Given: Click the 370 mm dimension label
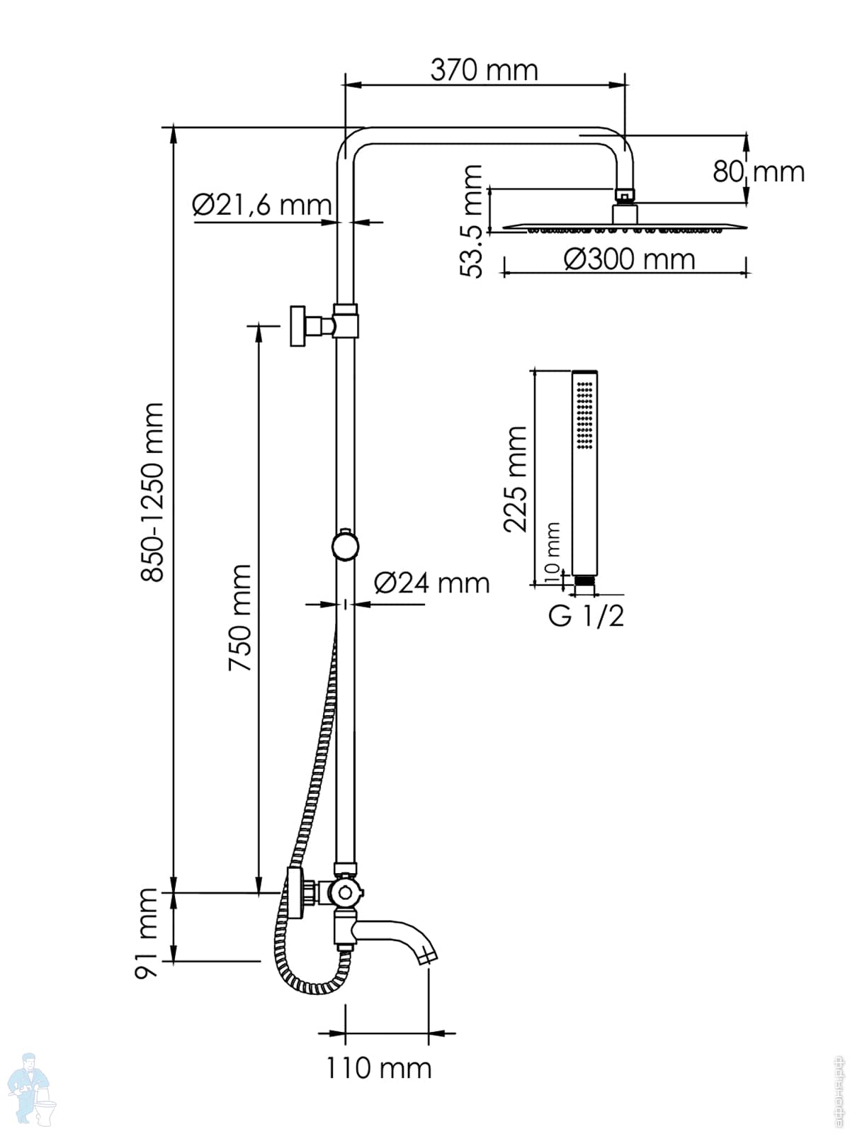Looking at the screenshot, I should point(484,70).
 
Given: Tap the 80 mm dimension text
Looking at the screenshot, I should point(759,172).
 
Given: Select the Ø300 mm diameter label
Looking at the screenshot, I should point(629,259).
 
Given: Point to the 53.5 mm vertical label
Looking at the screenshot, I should point(471,220).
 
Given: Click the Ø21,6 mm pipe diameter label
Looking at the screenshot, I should point(261,206).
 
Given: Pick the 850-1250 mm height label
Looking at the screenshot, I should point(152,492).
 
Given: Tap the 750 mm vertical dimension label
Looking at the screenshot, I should point(239,617).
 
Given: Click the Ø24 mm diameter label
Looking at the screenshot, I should point(431,583).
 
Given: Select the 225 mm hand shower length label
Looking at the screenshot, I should point(515,478).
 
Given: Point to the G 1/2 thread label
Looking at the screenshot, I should point(586,616).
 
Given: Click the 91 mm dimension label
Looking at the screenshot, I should point(148,933).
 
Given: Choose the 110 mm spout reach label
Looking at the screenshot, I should point(378,1067).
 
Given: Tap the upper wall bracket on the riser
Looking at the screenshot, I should point(301,326).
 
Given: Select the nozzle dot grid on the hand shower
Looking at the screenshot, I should point(585,414).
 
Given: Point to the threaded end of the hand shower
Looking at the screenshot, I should point(584,581).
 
